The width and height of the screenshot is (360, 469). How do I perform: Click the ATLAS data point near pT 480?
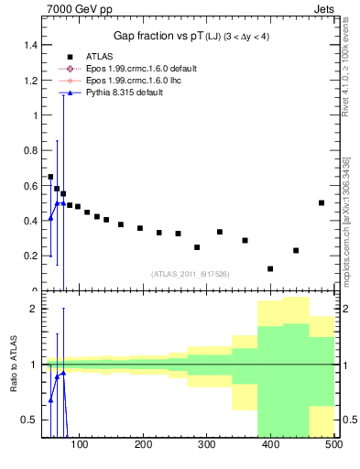[x=322, y=202]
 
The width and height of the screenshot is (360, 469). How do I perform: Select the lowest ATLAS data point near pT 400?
[x=270, y=268]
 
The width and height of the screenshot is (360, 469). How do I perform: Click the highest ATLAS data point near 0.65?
[x=50, y=177]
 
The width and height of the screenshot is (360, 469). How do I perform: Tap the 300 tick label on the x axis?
[x=206, y=444]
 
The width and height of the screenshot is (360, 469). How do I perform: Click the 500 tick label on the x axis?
[x=333, y=444]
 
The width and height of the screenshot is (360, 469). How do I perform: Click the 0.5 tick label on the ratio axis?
[x=29, y=420]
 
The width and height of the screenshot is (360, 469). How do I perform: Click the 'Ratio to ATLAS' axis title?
[x=12, y=365]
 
